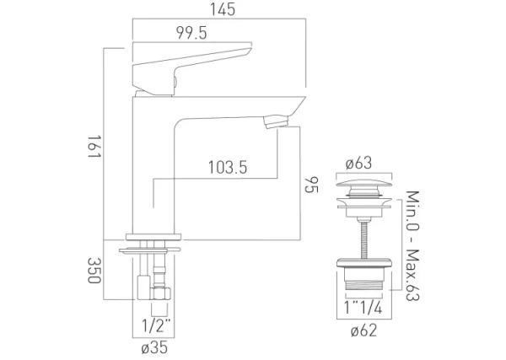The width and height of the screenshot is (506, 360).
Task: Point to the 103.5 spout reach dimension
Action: tap(227, 168)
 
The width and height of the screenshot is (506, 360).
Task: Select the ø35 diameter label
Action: tap(153, 346)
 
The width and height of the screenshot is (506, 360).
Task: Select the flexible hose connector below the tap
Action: tap(157, 278)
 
